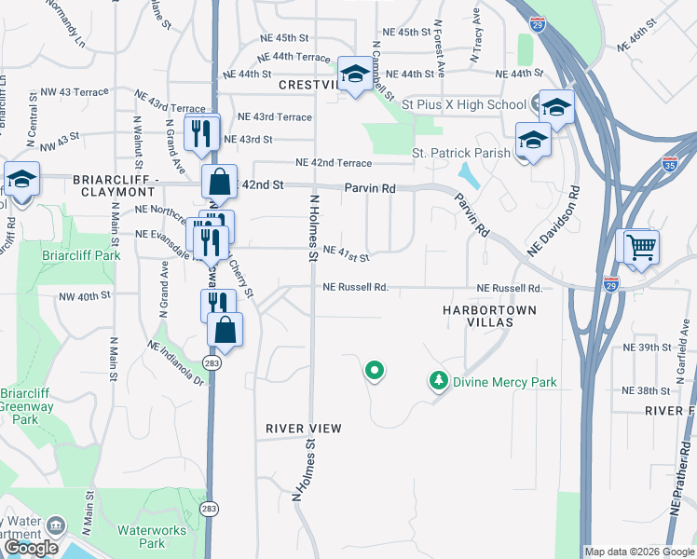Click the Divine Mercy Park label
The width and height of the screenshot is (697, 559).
(504, 381)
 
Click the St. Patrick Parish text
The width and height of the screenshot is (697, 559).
(460, 153)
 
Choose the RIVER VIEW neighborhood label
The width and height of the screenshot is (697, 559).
(304, 429)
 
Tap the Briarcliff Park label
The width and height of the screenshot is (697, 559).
(81, 254)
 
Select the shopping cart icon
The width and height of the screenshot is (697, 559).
(640, 247)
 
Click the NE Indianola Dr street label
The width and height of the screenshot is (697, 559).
(175, 363)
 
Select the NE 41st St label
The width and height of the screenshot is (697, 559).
(346, 253)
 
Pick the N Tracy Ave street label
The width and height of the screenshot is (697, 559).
(475, 41)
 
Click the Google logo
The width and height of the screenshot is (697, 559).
(31, 548)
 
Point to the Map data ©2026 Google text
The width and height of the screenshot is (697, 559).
(639, 552)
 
